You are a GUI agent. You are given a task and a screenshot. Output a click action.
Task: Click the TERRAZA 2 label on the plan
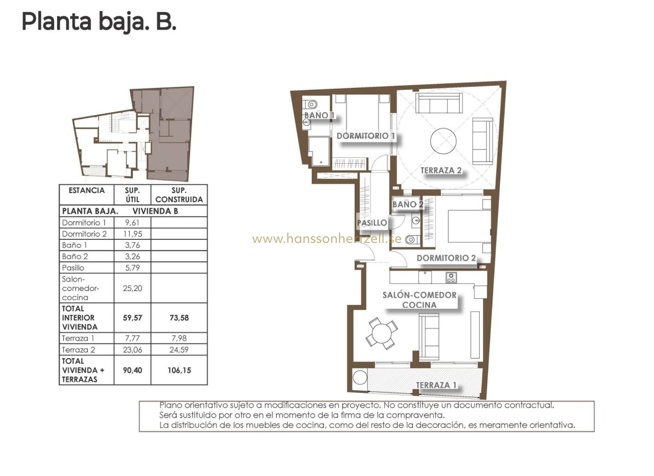pyautogui.click(x=441, y=170)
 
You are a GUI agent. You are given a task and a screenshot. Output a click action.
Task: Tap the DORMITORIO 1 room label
pyautogui.click(x=366, y=136)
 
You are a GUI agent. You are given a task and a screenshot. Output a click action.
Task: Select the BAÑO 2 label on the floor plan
pyautogui.click(x=408, y=205)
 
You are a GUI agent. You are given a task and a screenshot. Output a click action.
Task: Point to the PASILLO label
pyautogui.click(x=372, y=223)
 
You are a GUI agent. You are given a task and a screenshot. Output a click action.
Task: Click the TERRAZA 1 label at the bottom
pyautogui.click(x=436, y=385)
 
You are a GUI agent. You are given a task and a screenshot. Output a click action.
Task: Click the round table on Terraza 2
pyautogui.click(x=443, y=141)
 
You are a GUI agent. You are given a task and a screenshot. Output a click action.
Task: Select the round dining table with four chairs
pyautogui.click(x=382, y=334)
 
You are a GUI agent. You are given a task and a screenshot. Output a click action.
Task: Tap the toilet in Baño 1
pyautogui.click(x=310, y=104)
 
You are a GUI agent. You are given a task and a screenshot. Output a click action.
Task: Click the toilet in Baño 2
pyautogui.click(x=412, y=240)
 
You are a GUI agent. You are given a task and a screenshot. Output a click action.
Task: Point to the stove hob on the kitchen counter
pyautogui.click(x=451, y=278)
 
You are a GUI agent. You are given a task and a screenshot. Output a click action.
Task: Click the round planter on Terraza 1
pyautogui.click(x=360, y=378)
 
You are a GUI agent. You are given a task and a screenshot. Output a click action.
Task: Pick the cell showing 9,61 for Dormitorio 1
pyautogui.click(x=132, y=223)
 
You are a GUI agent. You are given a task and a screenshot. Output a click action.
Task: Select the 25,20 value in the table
pyautogui.click(x=132, y=288)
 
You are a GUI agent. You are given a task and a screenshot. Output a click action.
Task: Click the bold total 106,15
pyautogui.click(x=179, y=370)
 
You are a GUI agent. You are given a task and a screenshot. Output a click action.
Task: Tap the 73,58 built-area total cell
pyautogui.click(x=179, y=318)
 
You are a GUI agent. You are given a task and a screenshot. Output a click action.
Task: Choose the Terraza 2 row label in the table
pyautogui.click(x=79, y=349)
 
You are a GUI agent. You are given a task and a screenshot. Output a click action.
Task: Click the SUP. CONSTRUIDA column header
pyautogui.click(x=179, y=195)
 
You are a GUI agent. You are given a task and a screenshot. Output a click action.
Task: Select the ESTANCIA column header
pyautogui.click(x=86, y=190)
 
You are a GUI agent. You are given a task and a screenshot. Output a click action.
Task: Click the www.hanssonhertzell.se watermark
pyautogui.click(x=327, y=239)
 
